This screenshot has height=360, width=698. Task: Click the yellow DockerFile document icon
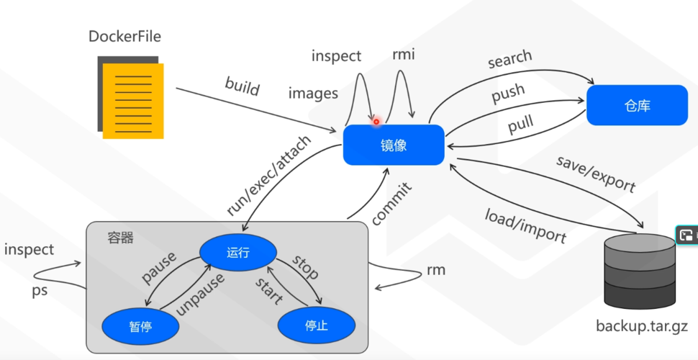click(x=132, y=99)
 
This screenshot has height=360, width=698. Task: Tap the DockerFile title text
click(x=124, y=36)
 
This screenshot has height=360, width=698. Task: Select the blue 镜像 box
click(x=394, y=145)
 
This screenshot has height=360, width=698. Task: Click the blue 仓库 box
click(x=637, y=105)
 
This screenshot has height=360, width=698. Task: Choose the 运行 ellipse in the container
click(x=238, y=252)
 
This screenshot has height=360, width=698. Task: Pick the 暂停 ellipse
click(x=140, y=325)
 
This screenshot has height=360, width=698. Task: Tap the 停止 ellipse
click(x=317, y=325)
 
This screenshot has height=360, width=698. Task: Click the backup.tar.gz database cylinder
click(x=639, y=271)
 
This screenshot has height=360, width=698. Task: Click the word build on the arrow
click(x=242, y=88)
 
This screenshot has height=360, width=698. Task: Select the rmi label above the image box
click(x=403, y=55)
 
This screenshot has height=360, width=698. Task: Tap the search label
click(x=509, y=60)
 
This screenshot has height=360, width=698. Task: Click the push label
click(x=508, y=94)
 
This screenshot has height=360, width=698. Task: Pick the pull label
click(x=520, y=124)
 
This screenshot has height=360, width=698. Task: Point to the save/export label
click(x=596, y=174)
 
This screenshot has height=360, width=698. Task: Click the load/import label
click(x=525, y=225)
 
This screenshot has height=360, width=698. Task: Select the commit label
click(x=391, y=204)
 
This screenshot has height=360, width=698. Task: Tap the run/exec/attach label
click(x=269, y=176)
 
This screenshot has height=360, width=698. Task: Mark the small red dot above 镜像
click(x=376, y=122)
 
